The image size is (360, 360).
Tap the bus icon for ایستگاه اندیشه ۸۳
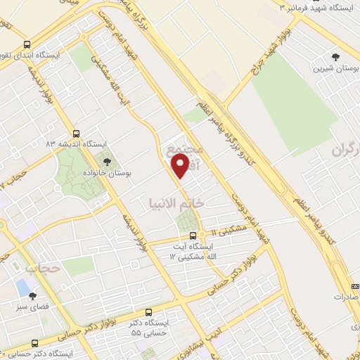click(x=76, y=134)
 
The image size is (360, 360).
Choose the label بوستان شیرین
click(x=335, y=68)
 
